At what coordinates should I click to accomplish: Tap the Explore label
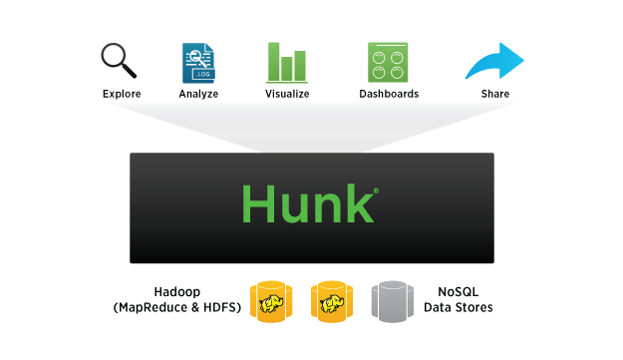(x=122, y=94)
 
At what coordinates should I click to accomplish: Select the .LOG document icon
(x=199, y=62)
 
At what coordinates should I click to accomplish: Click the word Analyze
(x=198, y=94)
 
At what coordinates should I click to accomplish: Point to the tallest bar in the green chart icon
(x=272, y=62)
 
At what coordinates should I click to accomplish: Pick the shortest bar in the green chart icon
(x=287, y=69)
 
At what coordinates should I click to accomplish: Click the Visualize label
(x=287, y=94)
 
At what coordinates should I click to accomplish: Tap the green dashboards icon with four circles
(x=389, y=62)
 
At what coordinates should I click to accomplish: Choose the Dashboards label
(x=389, y=94)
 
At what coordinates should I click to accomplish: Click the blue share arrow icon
(x=494, y=61)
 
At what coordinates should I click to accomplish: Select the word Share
(x=494, y=94)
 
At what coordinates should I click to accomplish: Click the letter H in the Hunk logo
(x=258, y=202)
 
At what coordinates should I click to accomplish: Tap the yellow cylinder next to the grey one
(x=332, y=301)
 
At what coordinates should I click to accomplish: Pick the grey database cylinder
(x=391, y=301)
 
